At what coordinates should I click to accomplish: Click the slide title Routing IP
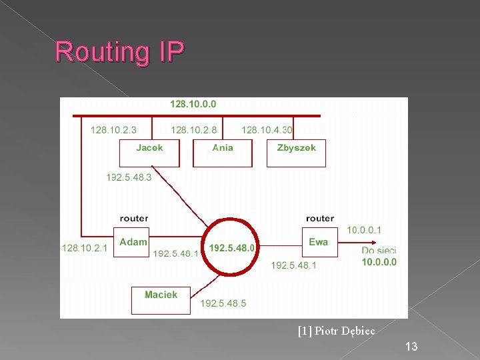point(119,51)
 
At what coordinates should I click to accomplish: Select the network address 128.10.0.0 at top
point(193,104)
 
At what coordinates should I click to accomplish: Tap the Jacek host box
point(149,153)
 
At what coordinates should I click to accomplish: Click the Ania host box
point(223,153)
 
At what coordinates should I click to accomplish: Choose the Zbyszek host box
point(296,153)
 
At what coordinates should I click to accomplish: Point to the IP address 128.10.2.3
point(114,129)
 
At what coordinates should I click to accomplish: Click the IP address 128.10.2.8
point(193,129)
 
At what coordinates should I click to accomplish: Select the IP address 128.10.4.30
point(267,129)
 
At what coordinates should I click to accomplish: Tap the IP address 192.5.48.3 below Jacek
point(129,177)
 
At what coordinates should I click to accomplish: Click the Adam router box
point(131,242)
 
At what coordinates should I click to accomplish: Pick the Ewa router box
point(319,242)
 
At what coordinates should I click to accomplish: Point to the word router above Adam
point(134,218)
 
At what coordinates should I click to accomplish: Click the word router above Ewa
point(320,218)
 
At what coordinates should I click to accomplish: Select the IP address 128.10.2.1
point(84,247)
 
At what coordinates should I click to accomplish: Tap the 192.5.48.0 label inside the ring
point(232,247)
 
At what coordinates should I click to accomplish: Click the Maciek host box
point(161,299)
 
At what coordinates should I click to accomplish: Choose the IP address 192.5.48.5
point(223,303)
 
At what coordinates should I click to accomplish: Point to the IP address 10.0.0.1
point(364,230)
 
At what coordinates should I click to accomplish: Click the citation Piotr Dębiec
point(337,331)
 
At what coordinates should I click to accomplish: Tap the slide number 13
point(411,346)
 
